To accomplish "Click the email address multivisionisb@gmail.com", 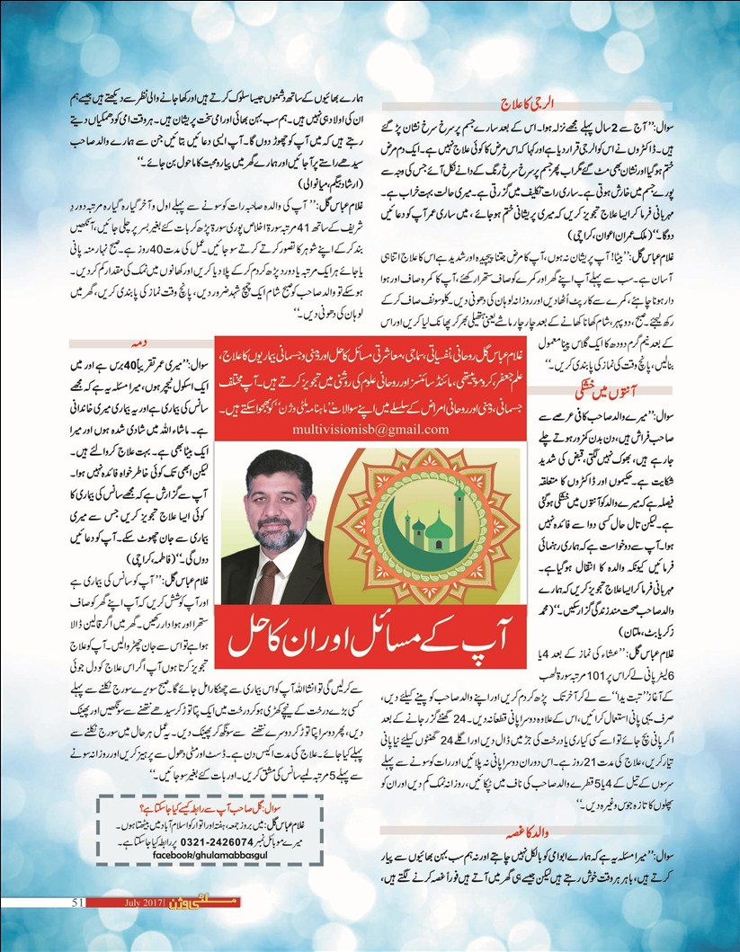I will pyautogui.click(x=370, y=431).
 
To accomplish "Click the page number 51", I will pyautogui.click(x=77, y=902).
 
